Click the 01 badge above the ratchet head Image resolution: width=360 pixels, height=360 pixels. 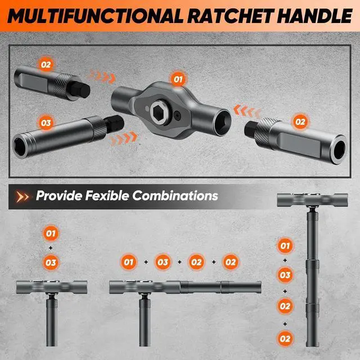coord(179,79)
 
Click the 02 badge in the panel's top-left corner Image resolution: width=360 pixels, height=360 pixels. coord(46,65)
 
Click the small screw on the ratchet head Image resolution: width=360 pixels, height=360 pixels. coord(178,116)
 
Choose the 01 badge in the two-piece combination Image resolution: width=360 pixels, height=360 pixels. coord(51,232)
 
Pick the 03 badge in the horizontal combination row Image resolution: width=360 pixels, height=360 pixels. coord(163,262)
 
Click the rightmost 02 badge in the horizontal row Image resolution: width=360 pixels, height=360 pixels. coord(231,262)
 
